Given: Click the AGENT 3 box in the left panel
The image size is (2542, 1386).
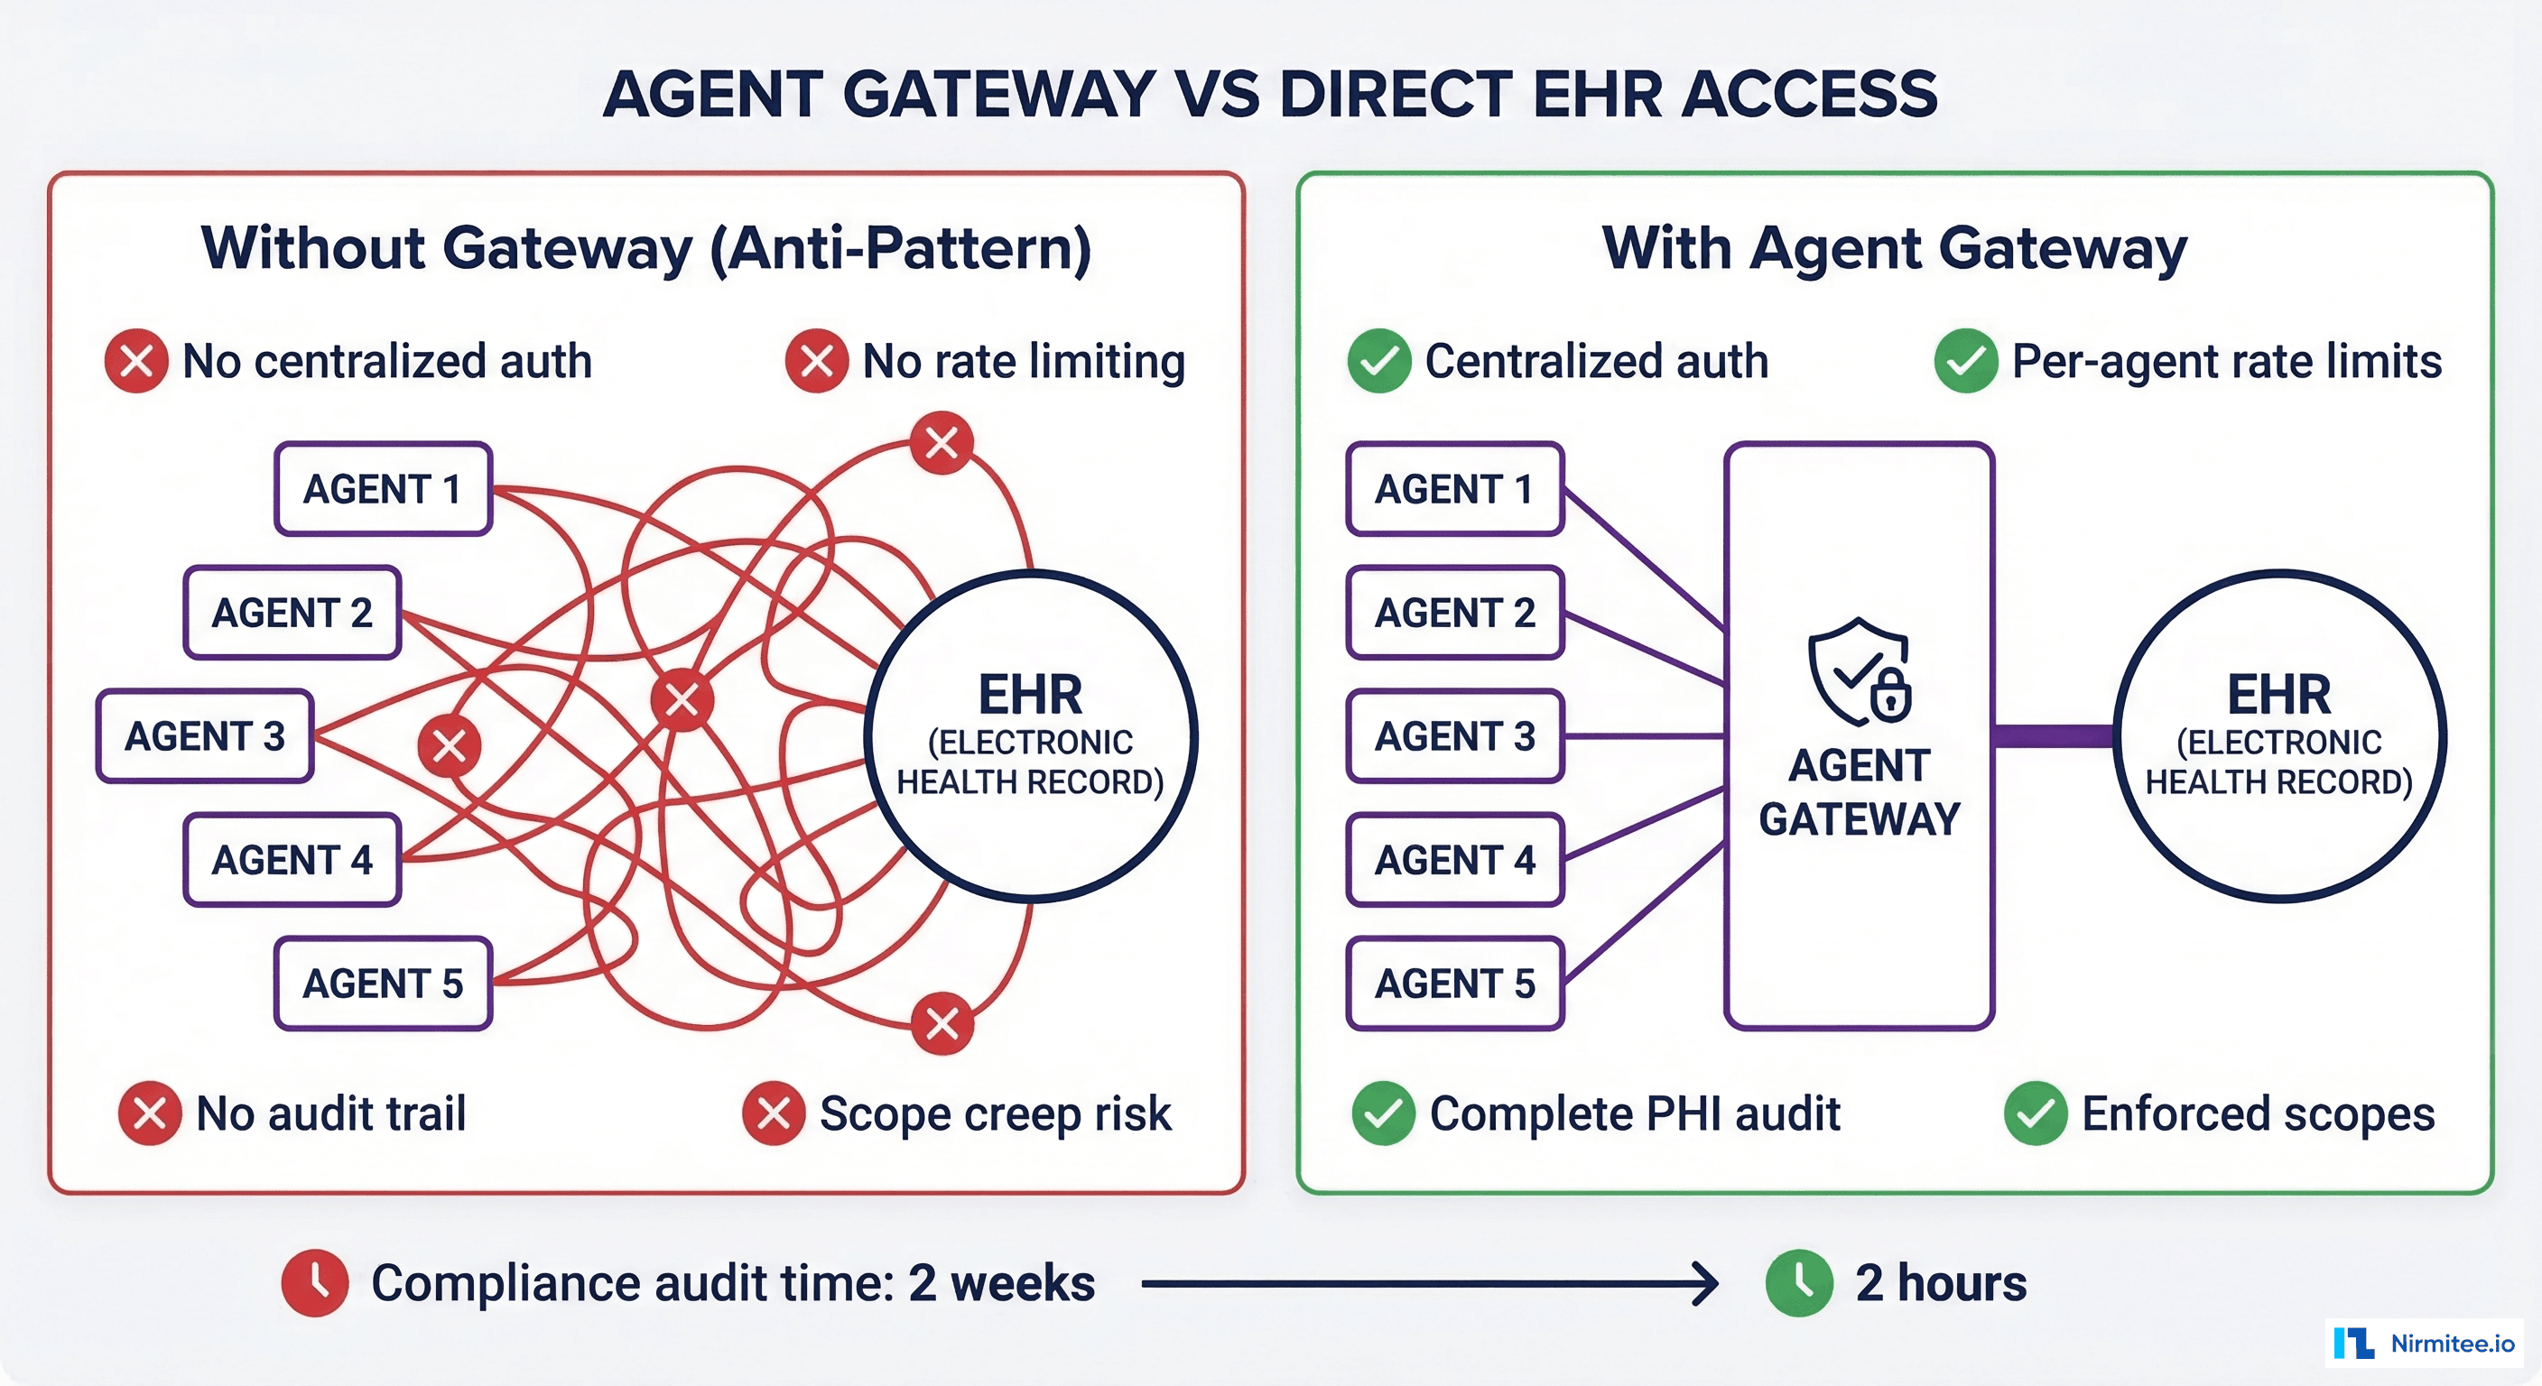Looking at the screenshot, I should click(x=205, y=736).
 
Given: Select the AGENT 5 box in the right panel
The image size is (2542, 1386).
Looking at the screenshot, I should click(x=1454, y=984).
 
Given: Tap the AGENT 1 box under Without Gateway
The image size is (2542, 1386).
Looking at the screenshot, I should click(x=383, y=489).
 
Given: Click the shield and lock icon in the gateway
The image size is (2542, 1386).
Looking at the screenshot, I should click(x=1860, y=673).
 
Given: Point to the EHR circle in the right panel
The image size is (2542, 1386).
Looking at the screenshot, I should click(x=2278, y=736).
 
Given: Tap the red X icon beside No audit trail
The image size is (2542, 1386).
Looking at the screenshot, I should click(x=149, y=1113).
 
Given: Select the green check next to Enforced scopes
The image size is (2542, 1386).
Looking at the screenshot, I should click(x=2035, y=1113).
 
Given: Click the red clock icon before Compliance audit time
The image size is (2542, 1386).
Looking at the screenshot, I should click(x=315, y=1283).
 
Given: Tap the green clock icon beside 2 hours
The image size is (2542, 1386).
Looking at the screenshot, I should click(x=1799, y=1283).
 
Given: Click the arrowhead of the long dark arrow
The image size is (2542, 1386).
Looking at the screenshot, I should click(x=1707, y=1283).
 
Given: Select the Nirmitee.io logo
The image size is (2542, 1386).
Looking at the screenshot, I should click(x=2424, y=1343).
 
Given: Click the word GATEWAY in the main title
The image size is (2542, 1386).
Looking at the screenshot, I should click(x=998, y=95).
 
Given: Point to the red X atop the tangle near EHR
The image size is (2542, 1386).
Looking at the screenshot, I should click(x=942, y=443).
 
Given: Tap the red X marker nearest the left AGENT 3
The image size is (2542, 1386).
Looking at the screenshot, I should click(x=449, y=745).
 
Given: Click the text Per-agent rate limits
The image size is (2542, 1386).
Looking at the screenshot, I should click(x=2226, y=361).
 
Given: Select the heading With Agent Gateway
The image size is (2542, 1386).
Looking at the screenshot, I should click(x=1895, y=247).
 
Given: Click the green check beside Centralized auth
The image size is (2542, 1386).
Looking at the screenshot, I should click(x=1378, y=361).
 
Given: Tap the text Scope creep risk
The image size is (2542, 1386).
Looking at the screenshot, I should click(x=995, y=1113).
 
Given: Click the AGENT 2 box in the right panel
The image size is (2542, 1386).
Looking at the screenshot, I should click(x=1454, y=613).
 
